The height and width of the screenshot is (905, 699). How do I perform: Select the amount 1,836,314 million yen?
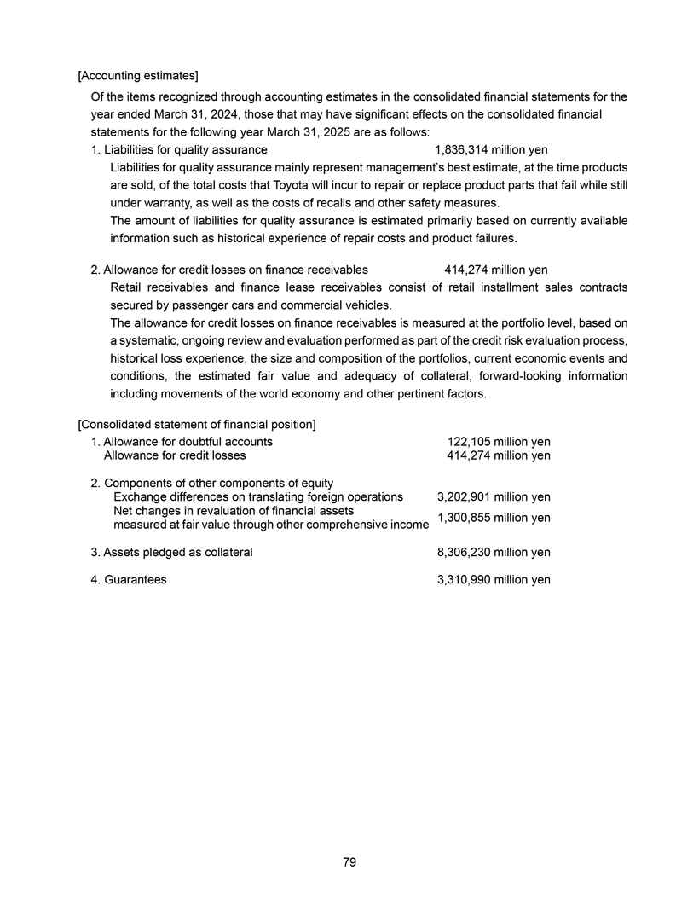[491, 149]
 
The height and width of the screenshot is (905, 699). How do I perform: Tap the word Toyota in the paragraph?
[343, 185]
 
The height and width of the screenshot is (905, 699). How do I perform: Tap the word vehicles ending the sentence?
[368, 305]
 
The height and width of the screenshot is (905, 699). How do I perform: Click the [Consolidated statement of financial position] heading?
[197, 424]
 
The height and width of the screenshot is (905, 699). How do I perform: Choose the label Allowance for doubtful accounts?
[188, 442]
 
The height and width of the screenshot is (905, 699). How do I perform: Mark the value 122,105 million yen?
[499, 442]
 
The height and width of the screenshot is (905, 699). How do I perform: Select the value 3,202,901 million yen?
[494, 497]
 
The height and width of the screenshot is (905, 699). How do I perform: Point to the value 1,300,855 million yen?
[494, 518]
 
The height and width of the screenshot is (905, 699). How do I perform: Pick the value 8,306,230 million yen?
[494, 552]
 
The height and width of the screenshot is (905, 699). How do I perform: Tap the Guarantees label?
[135, 579]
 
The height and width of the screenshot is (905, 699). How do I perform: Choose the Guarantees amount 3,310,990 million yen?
[494, 579]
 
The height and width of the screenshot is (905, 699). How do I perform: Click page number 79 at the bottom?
[349, 862]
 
